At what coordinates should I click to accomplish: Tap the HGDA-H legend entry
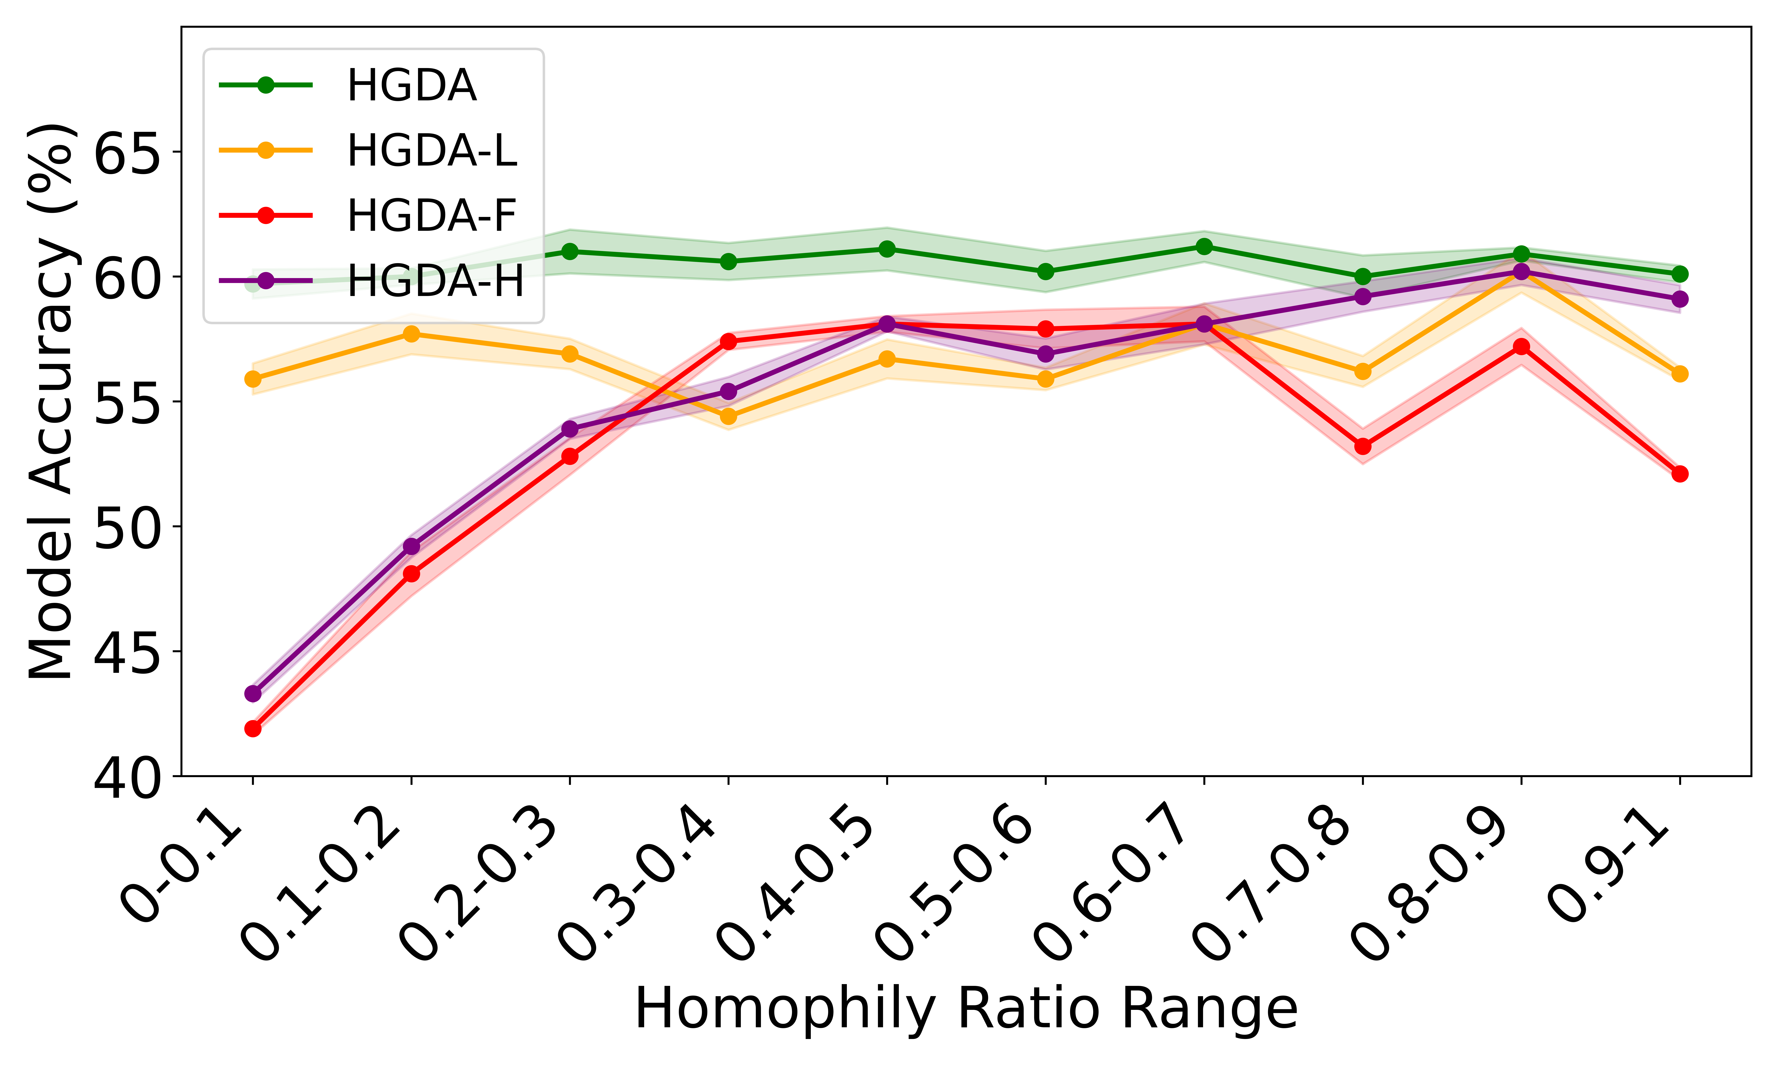click(x=435, y=281)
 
